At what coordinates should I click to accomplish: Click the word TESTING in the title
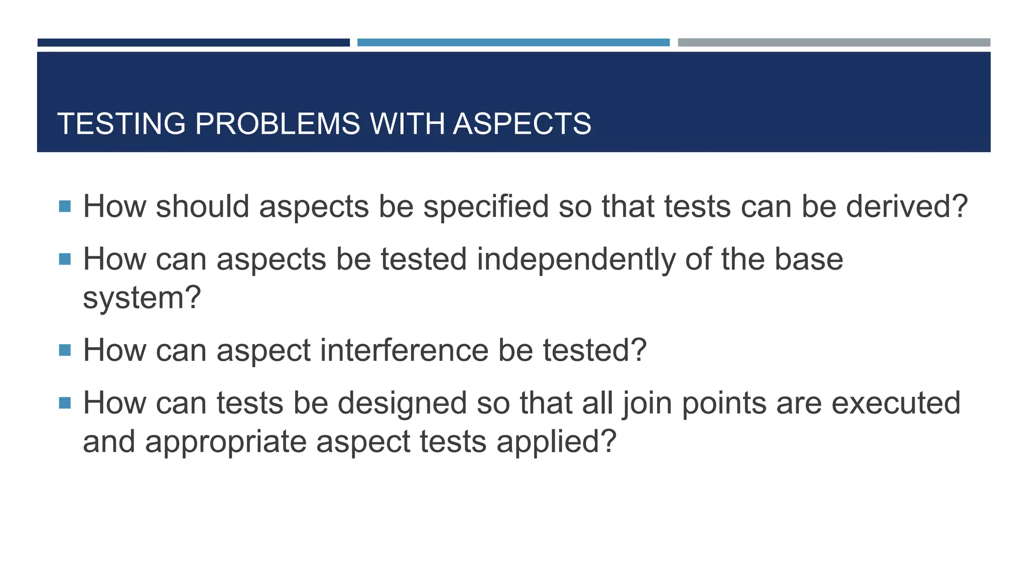[121, 123]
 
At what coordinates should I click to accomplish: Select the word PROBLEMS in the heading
[278, 123]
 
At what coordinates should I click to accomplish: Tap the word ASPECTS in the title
[522, 123]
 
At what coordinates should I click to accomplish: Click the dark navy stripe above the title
[193, 43]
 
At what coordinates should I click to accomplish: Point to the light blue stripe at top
[513, 43]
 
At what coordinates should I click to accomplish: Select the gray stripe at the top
[834, 43]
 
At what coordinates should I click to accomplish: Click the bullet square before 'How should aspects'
[65, 206]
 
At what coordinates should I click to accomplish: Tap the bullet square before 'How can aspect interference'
[65, 350]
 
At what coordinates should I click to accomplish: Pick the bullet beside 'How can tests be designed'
[65, 402]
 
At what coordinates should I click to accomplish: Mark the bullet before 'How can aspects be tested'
[65, 259]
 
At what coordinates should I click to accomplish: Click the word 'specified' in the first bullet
[486, 207]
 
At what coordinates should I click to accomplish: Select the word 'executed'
[895, 403]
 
